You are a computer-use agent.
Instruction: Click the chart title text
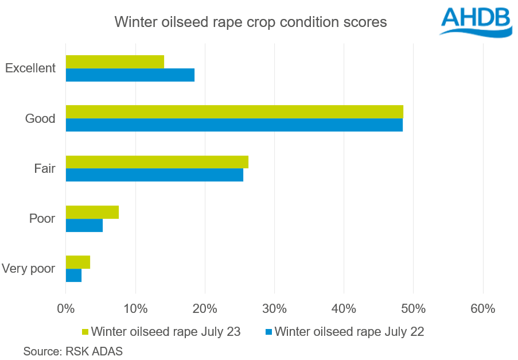click(x=251, y=22)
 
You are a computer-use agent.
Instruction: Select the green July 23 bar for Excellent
click(x=115, y=61)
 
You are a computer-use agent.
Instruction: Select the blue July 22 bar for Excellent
click(x=130, y=75)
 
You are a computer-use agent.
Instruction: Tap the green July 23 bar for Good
click(x=234, y=111)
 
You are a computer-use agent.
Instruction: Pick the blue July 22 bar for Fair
click(x=154, y=175)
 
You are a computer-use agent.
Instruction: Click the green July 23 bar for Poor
click(x=92, y=212)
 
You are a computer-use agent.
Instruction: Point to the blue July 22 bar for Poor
click(x=84, y=225)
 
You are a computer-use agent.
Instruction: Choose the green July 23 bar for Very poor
click(x=78, y=262)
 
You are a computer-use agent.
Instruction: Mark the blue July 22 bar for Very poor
click(x=74, y=275)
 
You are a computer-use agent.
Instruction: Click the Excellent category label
click(x=30, y=68)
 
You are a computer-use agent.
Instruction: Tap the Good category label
click(x=40, y=119)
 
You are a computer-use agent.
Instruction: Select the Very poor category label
click(x=29, y=269)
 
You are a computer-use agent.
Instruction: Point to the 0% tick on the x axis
click(x=66, y=308)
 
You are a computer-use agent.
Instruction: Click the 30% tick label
click(x=274, y=308)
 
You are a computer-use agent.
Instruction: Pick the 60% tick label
click(x=482, y=308)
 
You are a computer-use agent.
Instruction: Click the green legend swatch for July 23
click(x=85, y=332)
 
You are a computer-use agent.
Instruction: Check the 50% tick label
click(x=413, y=308)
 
